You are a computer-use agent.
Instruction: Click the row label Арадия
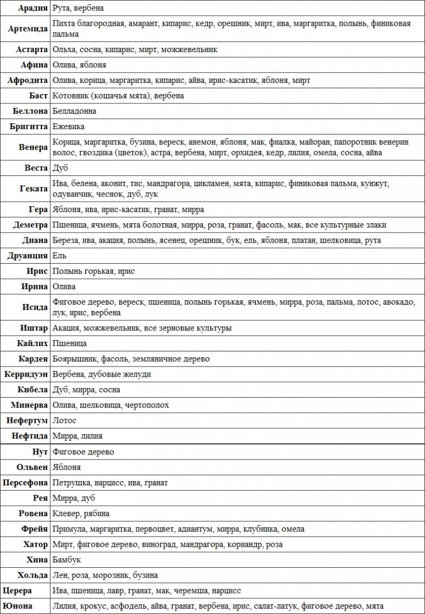(x=33, y=8)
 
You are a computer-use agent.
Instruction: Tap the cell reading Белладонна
(x=75, y=111)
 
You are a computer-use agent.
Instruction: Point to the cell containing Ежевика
(x=69, y=126)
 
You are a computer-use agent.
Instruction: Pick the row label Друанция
(x=26, y=256)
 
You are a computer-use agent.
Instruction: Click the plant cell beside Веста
(x=61, y=168)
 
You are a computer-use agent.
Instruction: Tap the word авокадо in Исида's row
(x=399, y=302)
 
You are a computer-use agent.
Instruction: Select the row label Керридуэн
(x=26, y=374)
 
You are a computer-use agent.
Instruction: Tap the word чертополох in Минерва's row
(x=147, y=405)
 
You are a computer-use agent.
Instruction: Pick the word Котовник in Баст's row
(x=70, y=96)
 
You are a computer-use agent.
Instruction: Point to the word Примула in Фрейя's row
(x=69, y=529)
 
